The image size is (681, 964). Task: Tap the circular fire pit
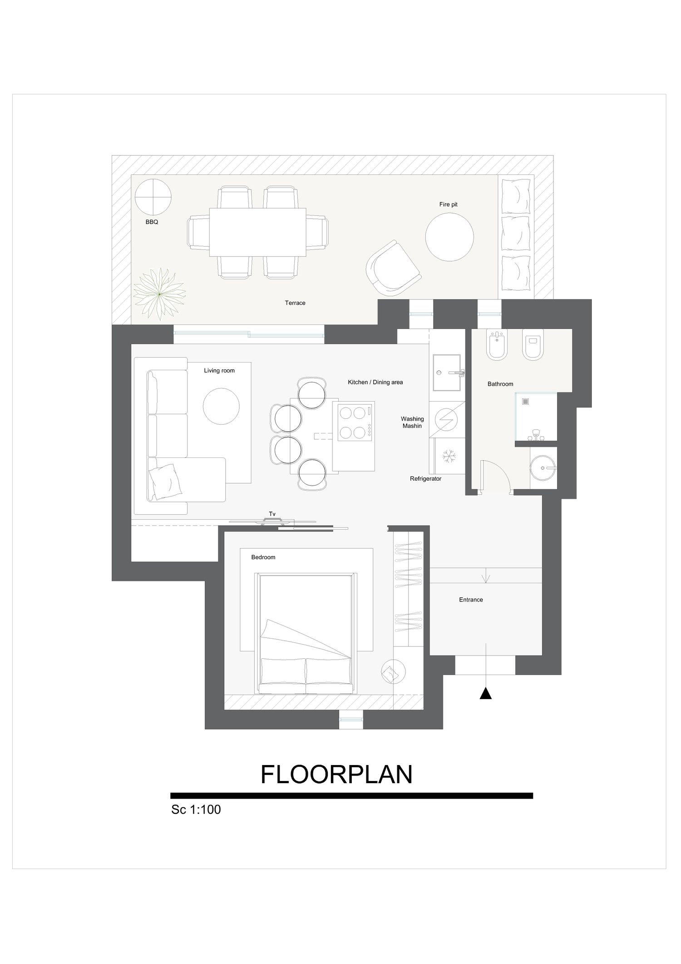pyautogui.click(x=449, y=237)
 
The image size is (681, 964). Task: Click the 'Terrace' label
pyautogui.click(x=295, y=303)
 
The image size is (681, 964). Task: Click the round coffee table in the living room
pyautogui.click(x=221, y=406)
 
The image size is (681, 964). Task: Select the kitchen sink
pyautogui.click(x=447, y=373)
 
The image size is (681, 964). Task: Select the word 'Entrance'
pyautogui.click(x=471, y=600)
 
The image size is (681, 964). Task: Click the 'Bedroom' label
pyautogui.click(x=263, y=557)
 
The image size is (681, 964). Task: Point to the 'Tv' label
pyautogui.click(x=272, y=514)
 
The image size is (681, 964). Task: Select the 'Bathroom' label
pyautogui.click(x=500, y=384)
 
